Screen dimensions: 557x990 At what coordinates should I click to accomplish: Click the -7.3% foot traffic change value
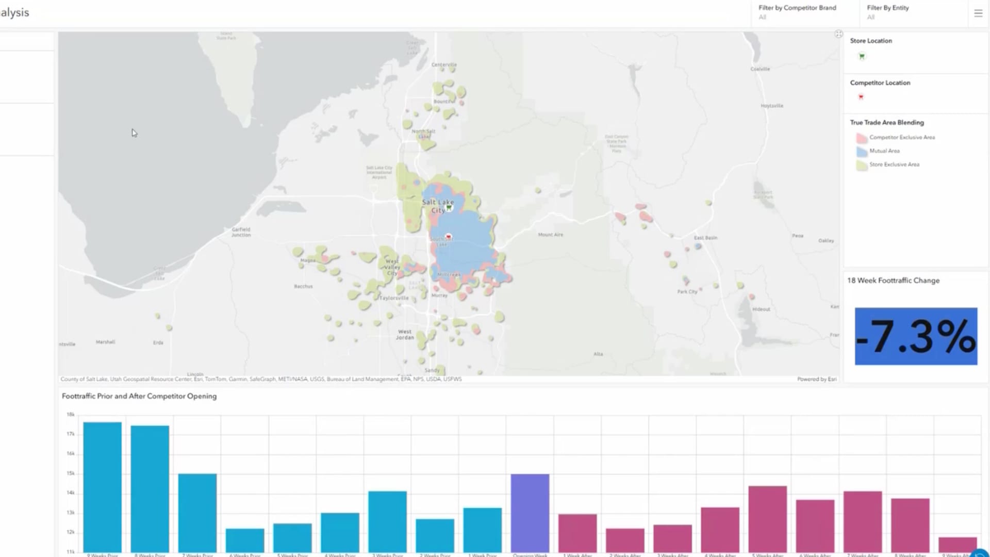pyautogui.click(x=916, y=336)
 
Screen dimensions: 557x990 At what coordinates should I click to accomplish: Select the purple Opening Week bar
pyautogui.click(x=530, y=513)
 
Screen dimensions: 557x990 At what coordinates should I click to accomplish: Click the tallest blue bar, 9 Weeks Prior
pyautogui.click(x=102, y=487)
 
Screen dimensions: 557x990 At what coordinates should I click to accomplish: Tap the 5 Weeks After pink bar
pyautogui.click(x=767, y=518)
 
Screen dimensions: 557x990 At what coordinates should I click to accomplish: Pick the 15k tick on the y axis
pyautogui.click(x=71, y=473)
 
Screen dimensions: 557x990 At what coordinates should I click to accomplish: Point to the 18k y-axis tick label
pyautogui.click(x=71, y=414)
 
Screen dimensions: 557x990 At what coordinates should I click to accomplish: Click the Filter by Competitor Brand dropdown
pyautogui.click(x=797, y=12)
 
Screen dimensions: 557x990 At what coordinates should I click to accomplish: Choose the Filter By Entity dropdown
pyautogui.click(x=888, y=12)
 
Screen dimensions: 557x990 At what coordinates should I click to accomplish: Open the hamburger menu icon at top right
pyautogui.click(x=978, y=13)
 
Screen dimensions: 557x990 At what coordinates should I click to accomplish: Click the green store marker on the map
pyautogui.click(x=449, y=207)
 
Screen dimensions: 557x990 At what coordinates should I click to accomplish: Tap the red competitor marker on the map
pyautogui.click(x=448, y=237)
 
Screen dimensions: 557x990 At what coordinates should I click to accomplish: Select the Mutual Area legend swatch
pyautogui.click(x=861, y=152)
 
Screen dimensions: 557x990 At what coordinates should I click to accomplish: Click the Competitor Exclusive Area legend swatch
pyautogui.click(x=861, y=138)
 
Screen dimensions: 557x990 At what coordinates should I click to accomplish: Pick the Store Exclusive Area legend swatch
pyautogui.click(x=861, y=165)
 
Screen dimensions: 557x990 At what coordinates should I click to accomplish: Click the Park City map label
pyautogui.click(x=687, y=292)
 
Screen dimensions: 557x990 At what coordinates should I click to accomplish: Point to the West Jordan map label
pyautogui.click(x=405, y=335)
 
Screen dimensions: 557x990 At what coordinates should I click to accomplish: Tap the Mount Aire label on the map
pyautogui.click(x=550, y=235)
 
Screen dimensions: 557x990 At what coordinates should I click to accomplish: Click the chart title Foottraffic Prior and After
pyautogui.click(x=139, y=396)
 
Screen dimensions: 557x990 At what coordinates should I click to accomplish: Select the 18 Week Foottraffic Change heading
pyautogui.click(x=893, y=281)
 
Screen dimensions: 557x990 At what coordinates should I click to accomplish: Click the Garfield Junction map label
pyautogui.click(x=241, y=232)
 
